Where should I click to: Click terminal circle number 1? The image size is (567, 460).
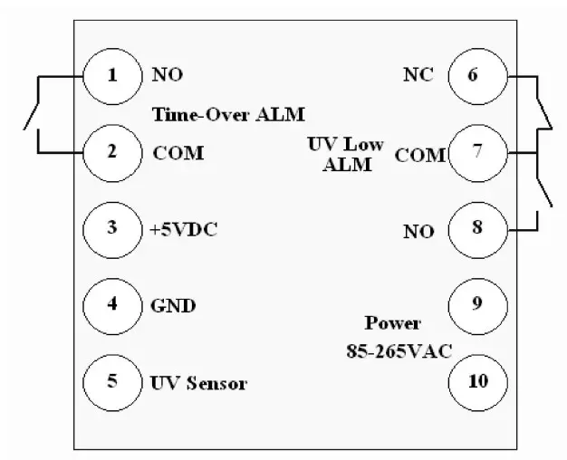(112, 75)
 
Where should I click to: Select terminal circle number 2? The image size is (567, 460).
(112, 151)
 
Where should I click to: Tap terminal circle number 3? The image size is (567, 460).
(112, 227)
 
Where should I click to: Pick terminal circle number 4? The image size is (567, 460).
(112, 303)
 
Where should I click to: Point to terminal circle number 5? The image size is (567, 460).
(112, 380)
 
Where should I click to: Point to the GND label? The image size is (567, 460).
(172, 305)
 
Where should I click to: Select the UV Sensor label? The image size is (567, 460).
(199, 382)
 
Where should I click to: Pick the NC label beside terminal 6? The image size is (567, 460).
(418, 75)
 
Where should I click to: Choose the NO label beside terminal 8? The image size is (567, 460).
(418, 232)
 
